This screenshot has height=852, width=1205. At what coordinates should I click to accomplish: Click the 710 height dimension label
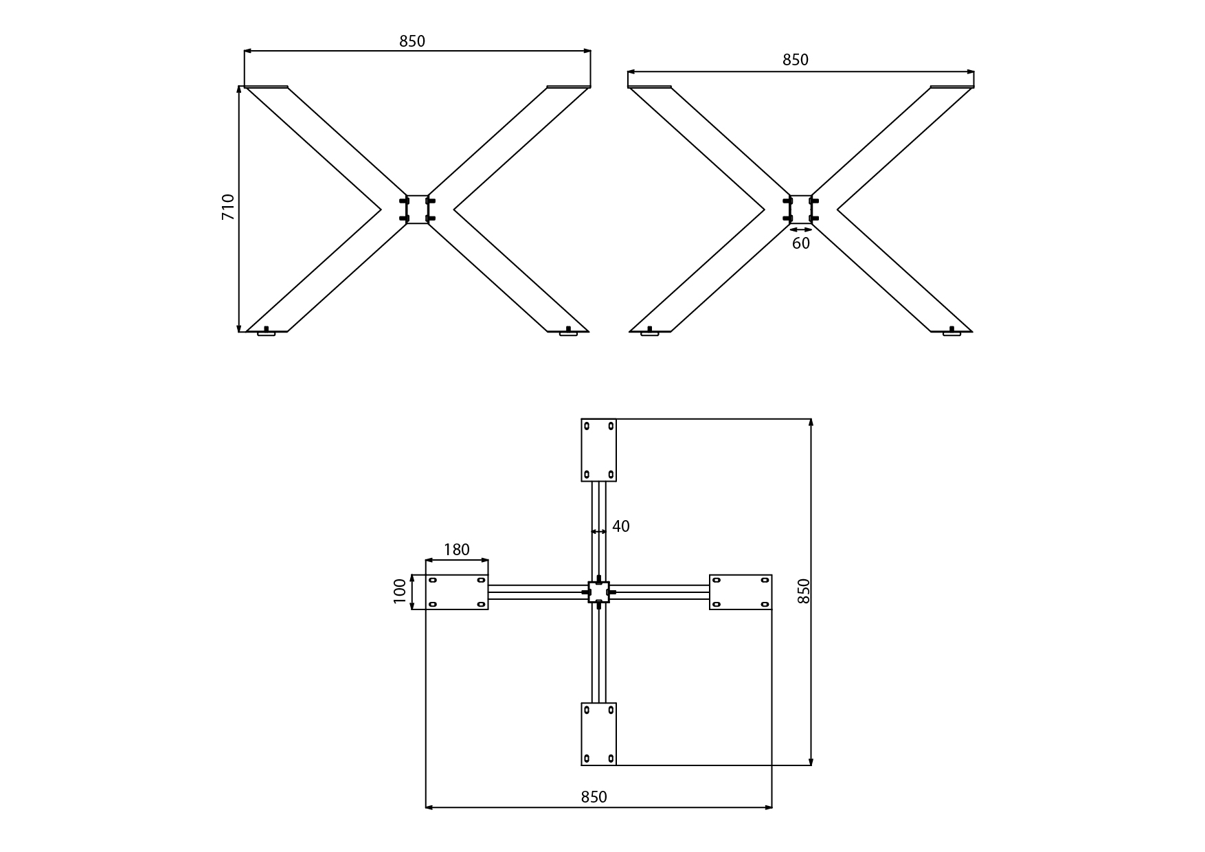(x=228, y=207)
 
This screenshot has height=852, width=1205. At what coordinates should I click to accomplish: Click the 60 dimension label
(x=801, y=243)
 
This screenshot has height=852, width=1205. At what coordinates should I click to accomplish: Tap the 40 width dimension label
(x=621, y=526)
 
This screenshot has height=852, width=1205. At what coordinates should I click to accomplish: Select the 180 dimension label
(x=457, y=550)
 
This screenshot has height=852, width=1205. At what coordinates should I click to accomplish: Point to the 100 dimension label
(x=400, y=592)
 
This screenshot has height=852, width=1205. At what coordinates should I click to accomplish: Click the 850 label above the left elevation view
(x=412, y=41)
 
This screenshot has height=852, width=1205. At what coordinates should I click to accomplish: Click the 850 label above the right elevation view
(x=796, y=60)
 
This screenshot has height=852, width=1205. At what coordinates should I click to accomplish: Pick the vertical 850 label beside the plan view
(x=804, y=592)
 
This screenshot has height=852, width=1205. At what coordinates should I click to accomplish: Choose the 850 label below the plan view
(x=594, y=797)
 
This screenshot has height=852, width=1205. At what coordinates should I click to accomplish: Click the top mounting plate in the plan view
(x=598, y=450)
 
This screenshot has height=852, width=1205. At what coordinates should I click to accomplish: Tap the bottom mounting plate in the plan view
(x=598, y=734)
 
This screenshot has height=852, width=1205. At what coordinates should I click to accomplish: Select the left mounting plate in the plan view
(x=457, y=592)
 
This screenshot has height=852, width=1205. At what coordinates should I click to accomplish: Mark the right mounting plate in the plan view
(x=741, y=592)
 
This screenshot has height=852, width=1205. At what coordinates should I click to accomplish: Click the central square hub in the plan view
(x=599, y=592)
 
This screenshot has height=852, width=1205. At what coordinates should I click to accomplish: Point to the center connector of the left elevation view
(x=417, y=210)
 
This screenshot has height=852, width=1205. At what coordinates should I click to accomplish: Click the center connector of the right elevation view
(x=800, y=210)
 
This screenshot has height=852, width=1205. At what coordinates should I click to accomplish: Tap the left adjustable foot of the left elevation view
(x=267, y=333)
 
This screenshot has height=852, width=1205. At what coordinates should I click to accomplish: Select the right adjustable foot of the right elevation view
(x=951, y=333)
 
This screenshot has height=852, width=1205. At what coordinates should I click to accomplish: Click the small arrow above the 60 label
(x=801, y=229)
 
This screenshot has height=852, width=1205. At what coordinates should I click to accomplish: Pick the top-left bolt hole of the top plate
(x=587, y=426)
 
